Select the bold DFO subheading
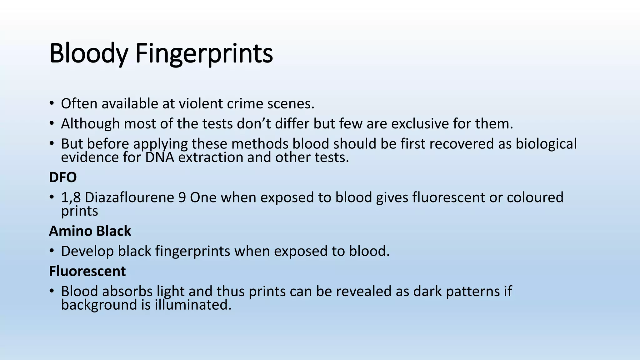click(63, 177)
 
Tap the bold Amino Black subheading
click(90, 231)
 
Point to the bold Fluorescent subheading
click(87, 271)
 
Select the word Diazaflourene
click(129, 197)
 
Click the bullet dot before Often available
click(52, 104)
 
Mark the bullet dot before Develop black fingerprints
click(52, 251)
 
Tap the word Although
click(90, 124)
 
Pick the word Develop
click(87, 251)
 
